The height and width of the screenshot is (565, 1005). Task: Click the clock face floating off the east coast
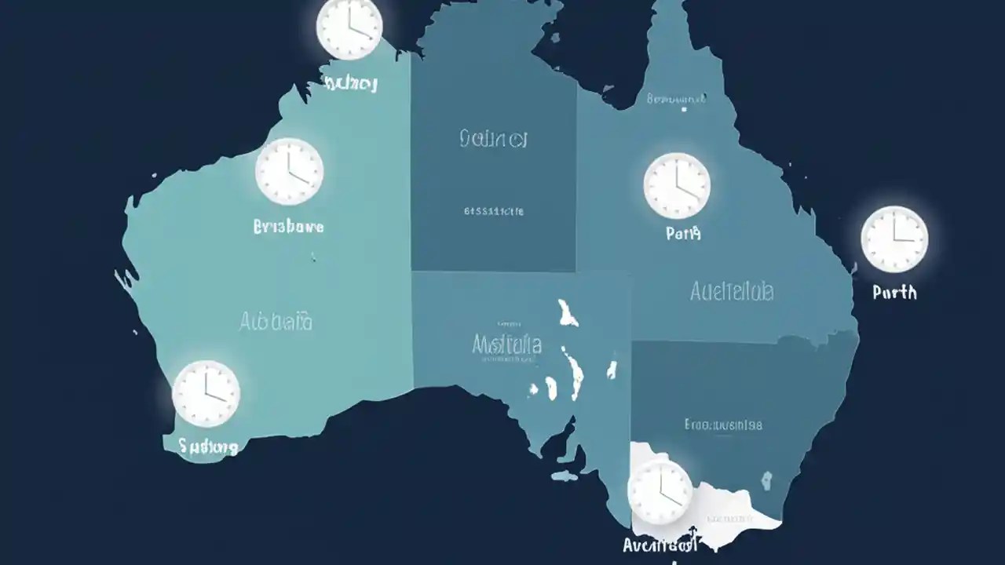tap(894, 239)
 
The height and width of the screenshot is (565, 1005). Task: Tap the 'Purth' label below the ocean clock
tap(894, 292)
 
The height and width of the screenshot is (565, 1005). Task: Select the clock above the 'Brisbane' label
tap(289, 172)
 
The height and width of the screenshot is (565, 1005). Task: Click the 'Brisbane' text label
tap(289, 227)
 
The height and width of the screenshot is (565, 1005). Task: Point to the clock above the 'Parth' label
tap(677, 186)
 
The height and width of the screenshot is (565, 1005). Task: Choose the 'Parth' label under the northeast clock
tap(682, 233)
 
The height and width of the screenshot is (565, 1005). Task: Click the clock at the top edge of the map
tap(349, 28)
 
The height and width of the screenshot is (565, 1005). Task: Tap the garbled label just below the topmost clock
tap(350, 83)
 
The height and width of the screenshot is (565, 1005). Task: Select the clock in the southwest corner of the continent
tap(206, 393)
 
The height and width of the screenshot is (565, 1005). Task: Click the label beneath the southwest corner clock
tap(208, 447)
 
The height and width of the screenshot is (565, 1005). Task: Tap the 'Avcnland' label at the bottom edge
tap(660, 545)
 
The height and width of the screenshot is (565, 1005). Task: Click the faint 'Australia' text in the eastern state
tap(732, 292)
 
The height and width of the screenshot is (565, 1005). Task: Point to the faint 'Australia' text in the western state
tap(276, 321)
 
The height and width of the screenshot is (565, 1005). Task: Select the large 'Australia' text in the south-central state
tap(507, 344)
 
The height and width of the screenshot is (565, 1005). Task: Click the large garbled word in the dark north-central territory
tap(492, 140)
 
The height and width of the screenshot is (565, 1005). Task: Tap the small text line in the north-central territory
tap(494, 211)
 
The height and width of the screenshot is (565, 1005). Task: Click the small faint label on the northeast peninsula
tap(676, 99)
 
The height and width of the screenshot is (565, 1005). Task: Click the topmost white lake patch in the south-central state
tap(568, 312)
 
